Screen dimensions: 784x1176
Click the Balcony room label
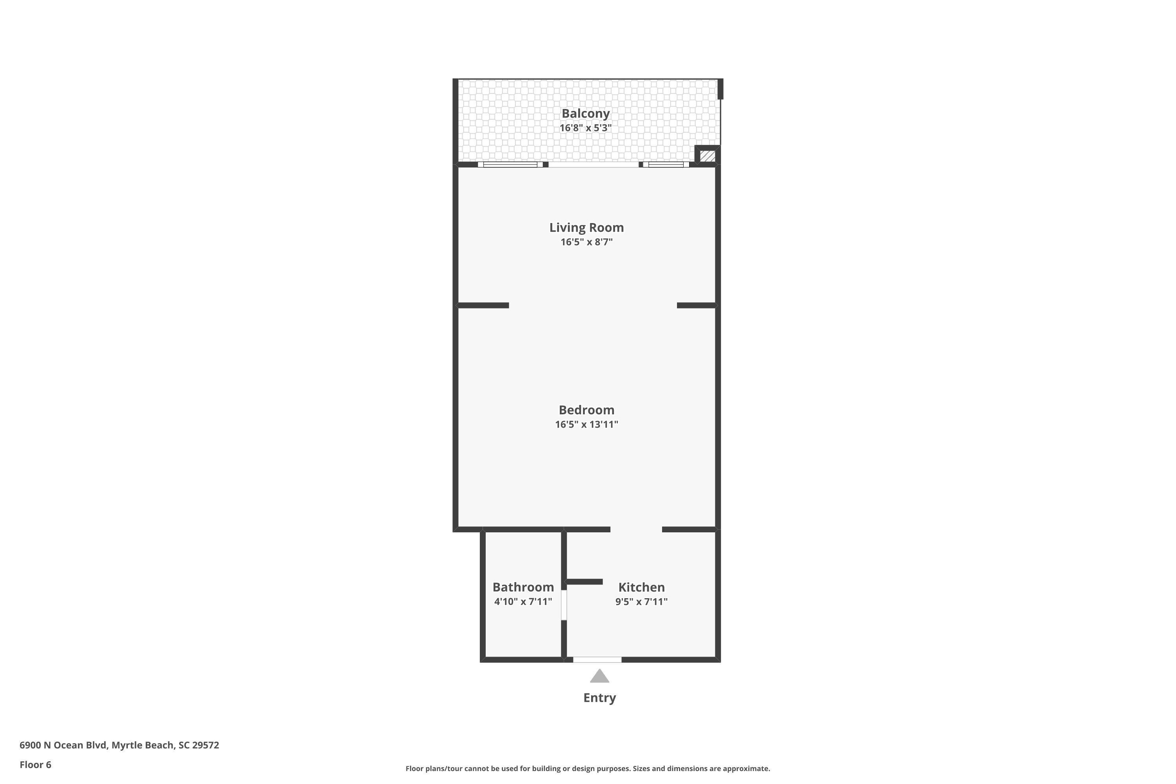[586, 114]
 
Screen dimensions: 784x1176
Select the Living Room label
[586, 227]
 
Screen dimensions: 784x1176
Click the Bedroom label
[586, 410]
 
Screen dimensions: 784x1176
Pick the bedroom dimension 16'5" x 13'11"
[586, 425]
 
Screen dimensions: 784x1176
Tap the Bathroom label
[523, 587]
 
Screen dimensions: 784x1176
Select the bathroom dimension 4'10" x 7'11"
[523, 601]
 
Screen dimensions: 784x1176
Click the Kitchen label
[641, 587]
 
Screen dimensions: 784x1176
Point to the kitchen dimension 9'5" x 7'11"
[641, 601]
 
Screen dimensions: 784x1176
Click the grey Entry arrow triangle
[599, 677]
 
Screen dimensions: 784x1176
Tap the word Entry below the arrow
[599, 697]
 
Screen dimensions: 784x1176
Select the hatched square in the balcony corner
[708, 156]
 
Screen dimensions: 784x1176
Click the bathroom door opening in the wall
[564, 605]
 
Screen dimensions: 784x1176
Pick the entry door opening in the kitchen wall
[597, 659]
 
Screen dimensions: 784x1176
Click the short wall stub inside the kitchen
[584, 581]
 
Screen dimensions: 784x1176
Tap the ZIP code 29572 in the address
[205, 745]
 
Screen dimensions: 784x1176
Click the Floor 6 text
[36, 764]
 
